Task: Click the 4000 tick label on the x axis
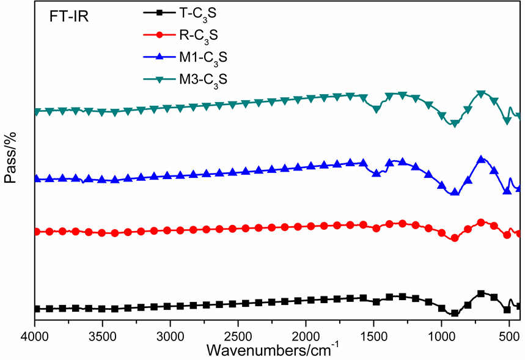click(x=35, y=336)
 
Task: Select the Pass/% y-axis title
click(x=10, y=160)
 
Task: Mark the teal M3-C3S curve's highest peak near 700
click(x=481, y=94)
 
